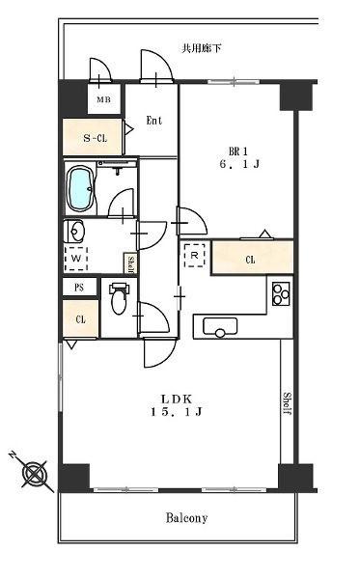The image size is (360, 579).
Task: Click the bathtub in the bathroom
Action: point(80,188)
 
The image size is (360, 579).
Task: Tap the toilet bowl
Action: point(119,299)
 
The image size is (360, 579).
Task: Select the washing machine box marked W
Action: point(76,259)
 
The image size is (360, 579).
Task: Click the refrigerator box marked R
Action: point(195,255)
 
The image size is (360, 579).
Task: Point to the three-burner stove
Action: point(281,293)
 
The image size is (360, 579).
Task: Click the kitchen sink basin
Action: point(220,327)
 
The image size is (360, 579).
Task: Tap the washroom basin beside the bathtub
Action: point(74,232)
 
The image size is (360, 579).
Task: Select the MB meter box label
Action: point(104,99)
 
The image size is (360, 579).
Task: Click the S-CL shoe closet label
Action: point(95,138)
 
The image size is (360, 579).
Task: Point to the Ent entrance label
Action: point(154,121)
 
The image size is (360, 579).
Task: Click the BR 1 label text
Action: point(238,152)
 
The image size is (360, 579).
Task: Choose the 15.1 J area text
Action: point(176,412)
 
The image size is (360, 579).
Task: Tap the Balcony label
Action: point(186,518)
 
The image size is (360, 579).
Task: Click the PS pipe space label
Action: point(79,288)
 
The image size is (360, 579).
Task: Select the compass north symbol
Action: point(34,472)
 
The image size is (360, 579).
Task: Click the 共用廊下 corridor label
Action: point(201,48)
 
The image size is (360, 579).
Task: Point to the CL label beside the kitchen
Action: point(250,260)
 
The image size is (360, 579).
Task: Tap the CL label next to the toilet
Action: point(80,319)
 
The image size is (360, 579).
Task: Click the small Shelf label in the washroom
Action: point(131,263)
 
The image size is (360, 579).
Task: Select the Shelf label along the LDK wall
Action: point(288,403)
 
